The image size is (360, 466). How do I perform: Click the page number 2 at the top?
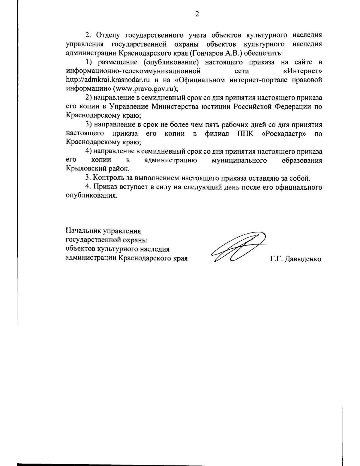pyautogui.click(x=197, y=14)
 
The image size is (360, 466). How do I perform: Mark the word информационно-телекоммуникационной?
pyautogui.click(x=133, y=71)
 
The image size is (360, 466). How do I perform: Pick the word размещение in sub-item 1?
pyautogui.click(x=114, y=62)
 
